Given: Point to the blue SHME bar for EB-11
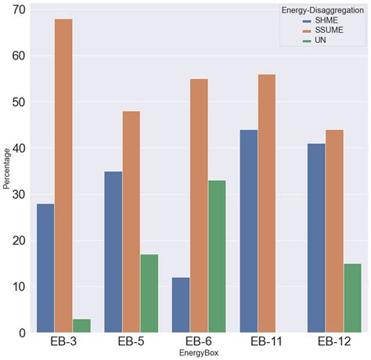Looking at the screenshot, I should pos(249,230).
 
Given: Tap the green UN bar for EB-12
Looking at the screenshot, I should pos(351,297).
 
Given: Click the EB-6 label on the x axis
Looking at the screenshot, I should pos(199,343).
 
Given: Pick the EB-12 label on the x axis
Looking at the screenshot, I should pos(333,343).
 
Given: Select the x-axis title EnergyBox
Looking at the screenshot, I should pos(198,355).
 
